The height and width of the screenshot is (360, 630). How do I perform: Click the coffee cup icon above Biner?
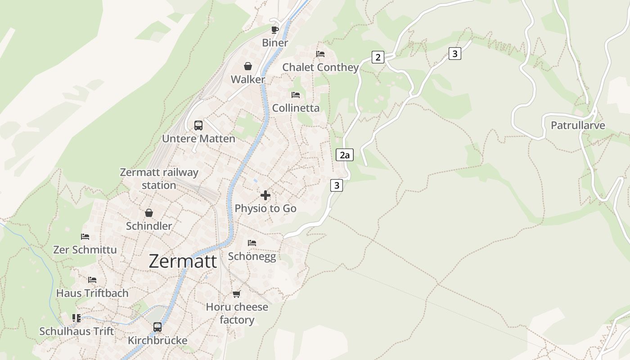pos(275,30)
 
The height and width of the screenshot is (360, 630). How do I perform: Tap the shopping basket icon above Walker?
pos(248,67)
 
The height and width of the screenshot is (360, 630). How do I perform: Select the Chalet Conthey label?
pos(320,67)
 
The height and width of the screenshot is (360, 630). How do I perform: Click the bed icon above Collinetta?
pos(296,95)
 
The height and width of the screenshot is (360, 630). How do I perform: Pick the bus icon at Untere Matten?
pos(198,126)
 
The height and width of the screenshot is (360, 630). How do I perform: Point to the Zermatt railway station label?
pos(159,179)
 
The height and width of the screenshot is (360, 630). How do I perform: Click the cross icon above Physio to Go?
pos(265,195)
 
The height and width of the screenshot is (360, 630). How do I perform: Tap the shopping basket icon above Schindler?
pos(149,213)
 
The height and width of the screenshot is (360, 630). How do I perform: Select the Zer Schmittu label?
pos(85,250)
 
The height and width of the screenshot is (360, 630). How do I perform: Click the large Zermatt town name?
pos(183,261)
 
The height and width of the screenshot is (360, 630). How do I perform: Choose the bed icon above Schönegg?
pos(252,243)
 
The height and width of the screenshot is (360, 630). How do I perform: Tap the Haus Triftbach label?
pos(92,293)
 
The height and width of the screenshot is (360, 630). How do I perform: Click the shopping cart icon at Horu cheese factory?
pos(237,294)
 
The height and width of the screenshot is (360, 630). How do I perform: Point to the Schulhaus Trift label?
pos(76,331)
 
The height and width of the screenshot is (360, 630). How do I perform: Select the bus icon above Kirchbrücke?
pos(157,327)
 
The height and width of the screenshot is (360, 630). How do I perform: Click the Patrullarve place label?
pos(578,126)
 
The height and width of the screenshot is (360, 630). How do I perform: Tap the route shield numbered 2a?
pos(345,155)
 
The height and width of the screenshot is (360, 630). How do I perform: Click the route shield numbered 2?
pos(378,57)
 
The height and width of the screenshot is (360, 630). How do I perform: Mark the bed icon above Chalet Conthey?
pos(320,54)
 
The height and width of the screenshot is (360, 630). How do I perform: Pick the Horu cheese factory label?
pos(237,314)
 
